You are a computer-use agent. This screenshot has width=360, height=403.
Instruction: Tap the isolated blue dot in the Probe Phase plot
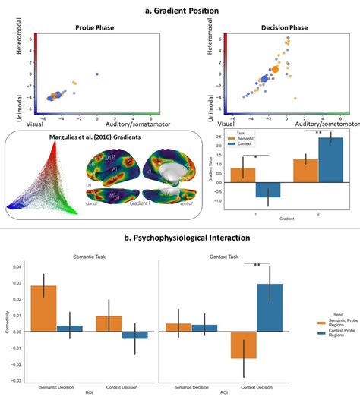97,74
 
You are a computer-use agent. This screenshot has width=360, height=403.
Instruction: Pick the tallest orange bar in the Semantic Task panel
45,309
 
